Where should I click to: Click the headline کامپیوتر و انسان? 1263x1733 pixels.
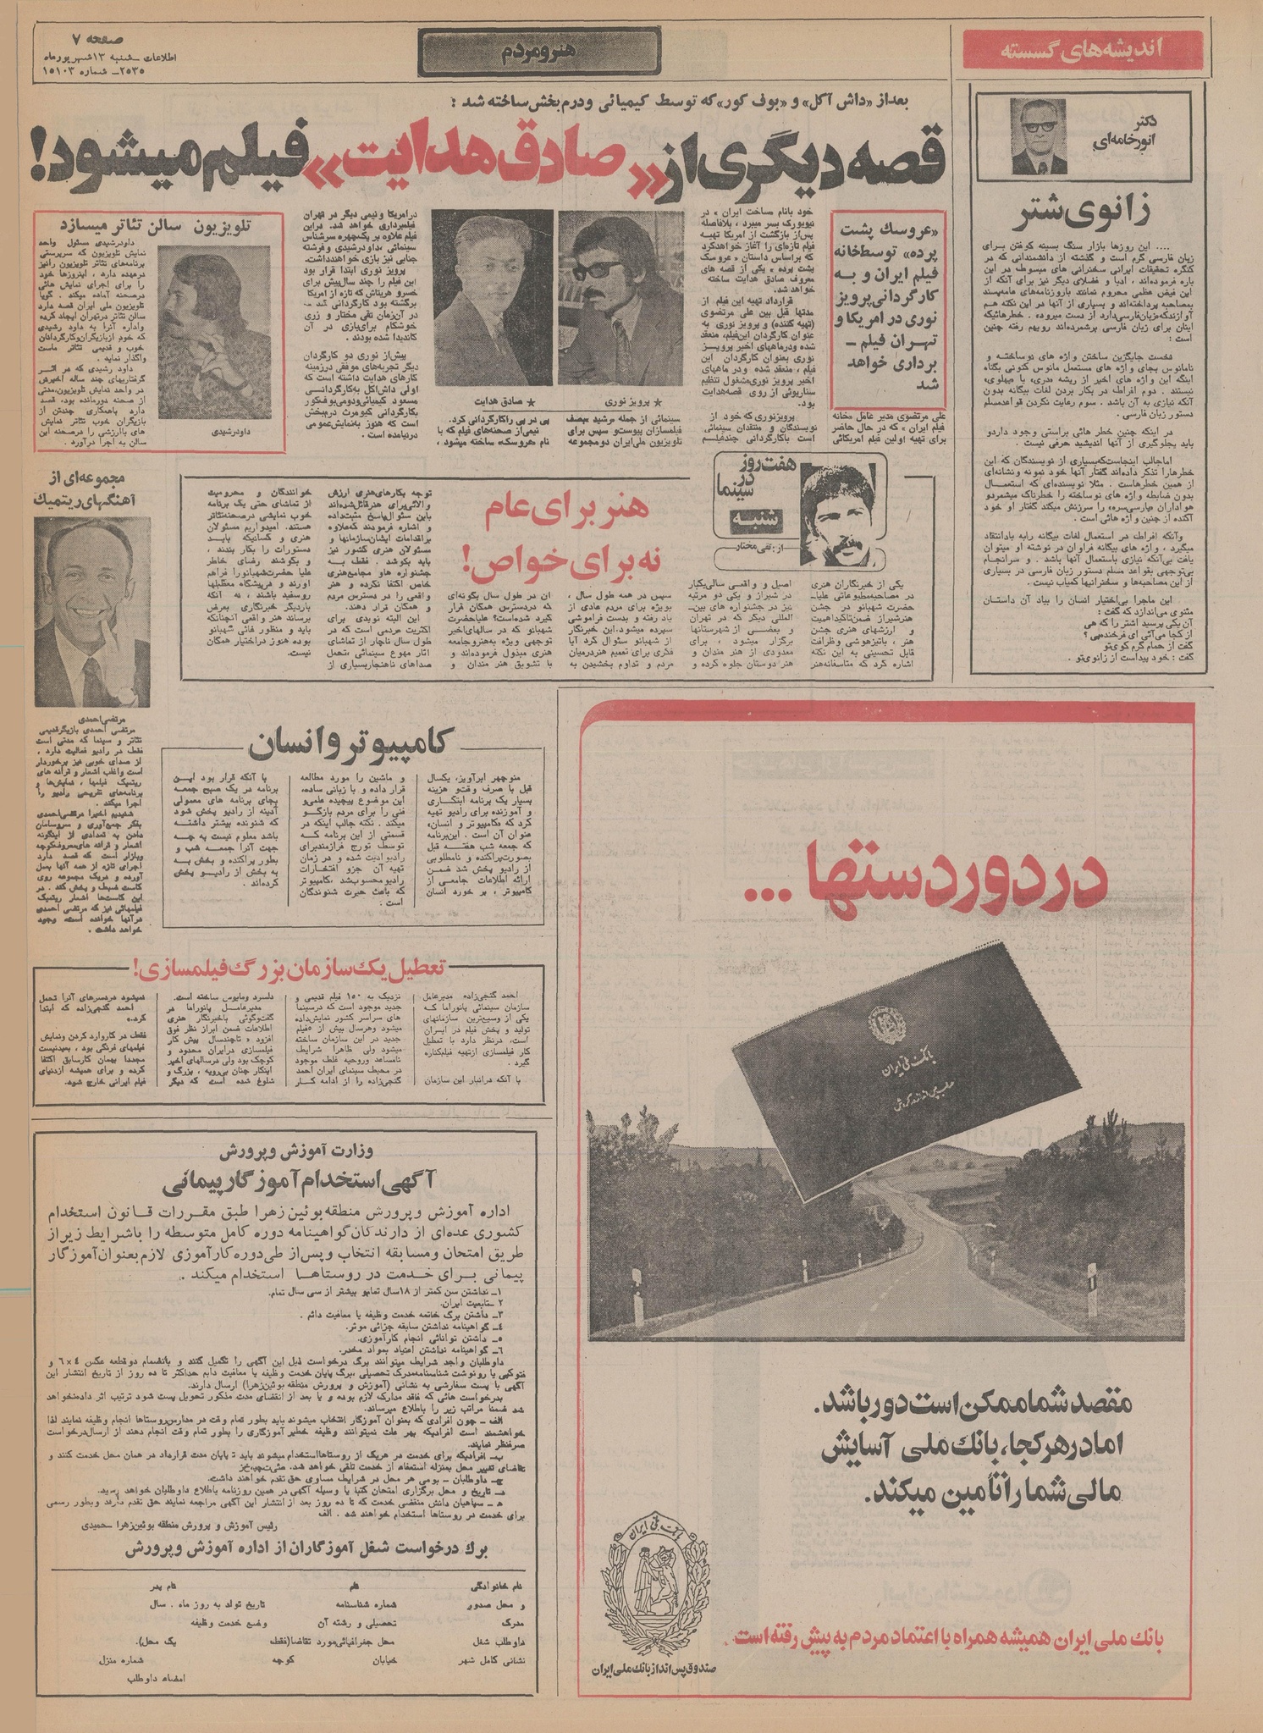352,745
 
